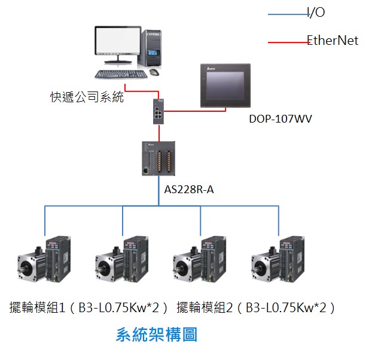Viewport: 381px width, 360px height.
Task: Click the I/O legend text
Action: (316, 13)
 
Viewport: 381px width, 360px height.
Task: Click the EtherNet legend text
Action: (333, 41)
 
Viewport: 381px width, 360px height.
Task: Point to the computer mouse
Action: (154, 72)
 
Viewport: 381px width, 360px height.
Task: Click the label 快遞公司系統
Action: (87, 97)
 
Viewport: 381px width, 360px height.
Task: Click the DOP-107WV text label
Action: (281, 118)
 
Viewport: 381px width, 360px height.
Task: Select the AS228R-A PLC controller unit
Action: (159, 158)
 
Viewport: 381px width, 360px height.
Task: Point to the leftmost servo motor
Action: (32, 266)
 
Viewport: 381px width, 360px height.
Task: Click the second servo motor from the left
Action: (109, 266)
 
